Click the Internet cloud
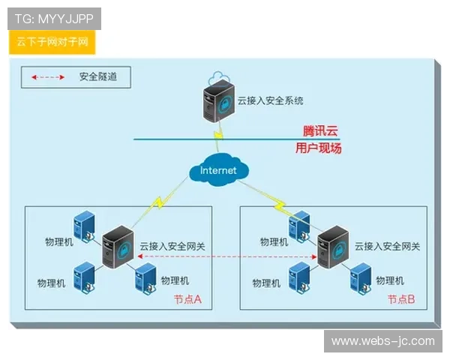[218, 170]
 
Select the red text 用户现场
[318, 148]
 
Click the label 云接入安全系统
[270, 99]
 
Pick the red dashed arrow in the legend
[48, 76]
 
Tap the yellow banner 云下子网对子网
[52, 42]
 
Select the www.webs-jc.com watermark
[383, 341]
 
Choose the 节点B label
[402, 298]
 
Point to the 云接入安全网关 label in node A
[172, 245]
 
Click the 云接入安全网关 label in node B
[387, 245]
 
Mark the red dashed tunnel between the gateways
[225, 258]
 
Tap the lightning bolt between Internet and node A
[160, 201]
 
